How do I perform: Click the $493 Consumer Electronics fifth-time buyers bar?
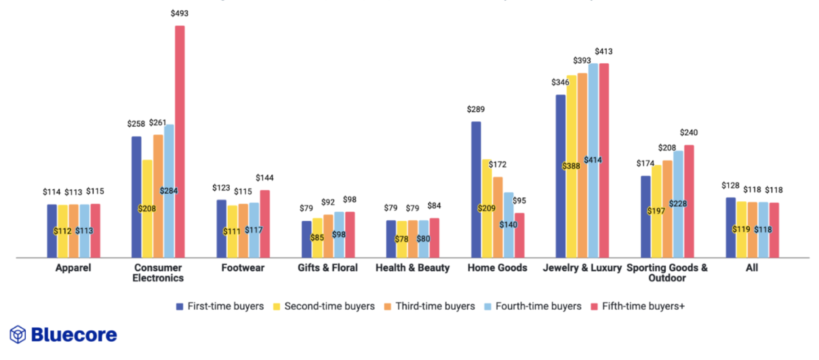pos(180,142)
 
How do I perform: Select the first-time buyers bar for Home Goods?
pos(476,190)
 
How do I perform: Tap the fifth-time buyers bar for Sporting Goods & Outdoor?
pos(689,201)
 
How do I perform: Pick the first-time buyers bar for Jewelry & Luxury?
pos(561,176)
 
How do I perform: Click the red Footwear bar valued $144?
pos(264,224)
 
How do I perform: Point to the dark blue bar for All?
pos(730,228)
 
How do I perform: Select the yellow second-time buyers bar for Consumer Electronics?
pos(147,209)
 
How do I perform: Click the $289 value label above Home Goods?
pos(476,109)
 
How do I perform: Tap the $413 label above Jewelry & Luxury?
pos(604,51)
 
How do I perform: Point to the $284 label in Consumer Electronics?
pos(169,191)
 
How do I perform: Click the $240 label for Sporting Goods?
pos(689,133)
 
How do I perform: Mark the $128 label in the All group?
pos(731,185)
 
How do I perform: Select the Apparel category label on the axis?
pos(73,268)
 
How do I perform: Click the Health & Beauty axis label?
pos(412,268)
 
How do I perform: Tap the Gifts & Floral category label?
pos(327,268)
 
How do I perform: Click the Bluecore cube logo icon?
pos(18,334)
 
